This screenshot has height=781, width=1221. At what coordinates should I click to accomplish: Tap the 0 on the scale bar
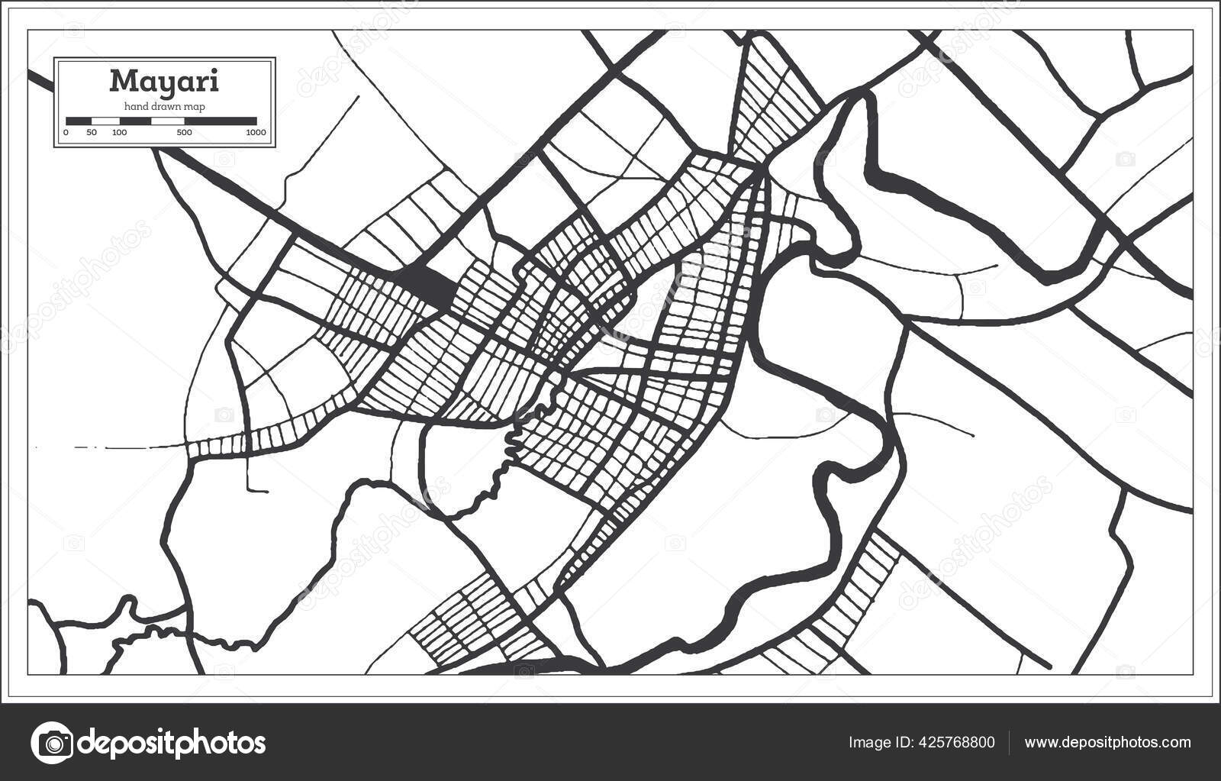66,133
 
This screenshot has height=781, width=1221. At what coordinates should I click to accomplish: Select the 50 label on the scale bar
92,133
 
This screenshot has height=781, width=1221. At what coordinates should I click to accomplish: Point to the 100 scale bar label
119,133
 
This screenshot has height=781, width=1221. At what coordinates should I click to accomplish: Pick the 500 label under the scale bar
184,133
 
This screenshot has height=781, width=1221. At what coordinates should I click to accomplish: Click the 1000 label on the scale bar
256,133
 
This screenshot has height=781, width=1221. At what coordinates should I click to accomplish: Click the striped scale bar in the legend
161,121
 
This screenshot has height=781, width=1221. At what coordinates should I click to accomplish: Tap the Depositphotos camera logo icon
52,742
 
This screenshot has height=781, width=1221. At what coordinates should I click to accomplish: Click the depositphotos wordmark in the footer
172,742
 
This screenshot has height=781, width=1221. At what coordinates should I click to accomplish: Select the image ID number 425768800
954,743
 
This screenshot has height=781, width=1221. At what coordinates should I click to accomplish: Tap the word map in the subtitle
195,106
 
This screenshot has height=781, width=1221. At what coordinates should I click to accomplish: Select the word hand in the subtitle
136,106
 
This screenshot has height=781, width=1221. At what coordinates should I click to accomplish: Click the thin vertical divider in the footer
1010,743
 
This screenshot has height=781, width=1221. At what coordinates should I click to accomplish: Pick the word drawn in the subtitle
166,106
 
